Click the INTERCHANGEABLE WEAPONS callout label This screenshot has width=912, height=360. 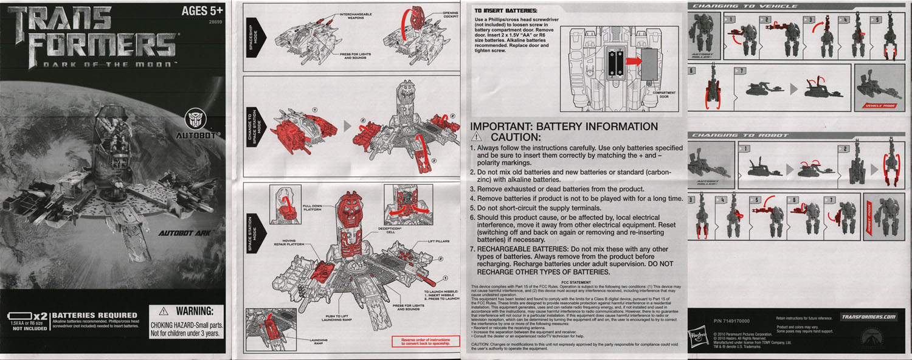(356, 16)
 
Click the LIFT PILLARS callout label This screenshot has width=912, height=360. (438, 241)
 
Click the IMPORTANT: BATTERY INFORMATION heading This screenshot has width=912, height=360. (564, 127)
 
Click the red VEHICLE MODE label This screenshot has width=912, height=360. (880, 105)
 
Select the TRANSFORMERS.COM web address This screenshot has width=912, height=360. (869, 317)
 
